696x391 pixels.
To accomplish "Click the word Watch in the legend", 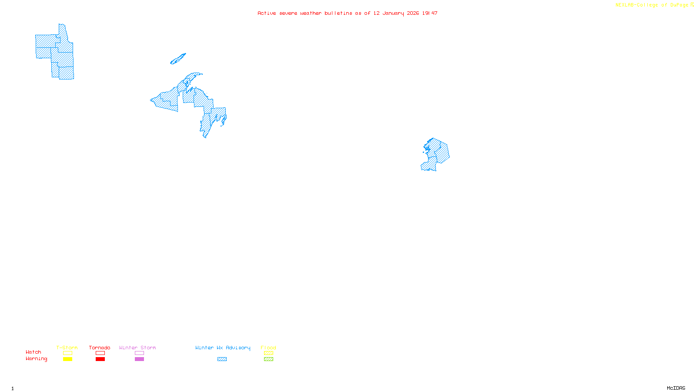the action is [x=33, y=352].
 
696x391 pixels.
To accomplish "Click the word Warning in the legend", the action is [x=36, y=359].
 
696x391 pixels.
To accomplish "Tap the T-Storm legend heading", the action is [x=67, y=348].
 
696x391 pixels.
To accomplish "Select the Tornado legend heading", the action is [x=100, y=348].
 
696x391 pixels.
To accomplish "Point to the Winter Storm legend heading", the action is [x=137, y=348].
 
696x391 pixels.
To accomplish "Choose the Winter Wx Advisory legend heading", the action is [x=223, y=348].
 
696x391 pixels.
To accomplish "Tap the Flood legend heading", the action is [x=268, y=348].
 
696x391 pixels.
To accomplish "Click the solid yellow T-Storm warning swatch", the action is [x=67, y=359].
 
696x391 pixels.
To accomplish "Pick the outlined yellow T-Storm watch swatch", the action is [x=67, y=353].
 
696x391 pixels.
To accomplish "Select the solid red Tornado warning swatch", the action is [x=100, y=359].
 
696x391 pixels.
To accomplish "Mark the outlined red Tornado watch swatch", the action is [x=100, y=353].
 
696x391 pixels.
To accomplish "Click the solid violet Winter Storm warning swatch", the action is [x=139, y=359].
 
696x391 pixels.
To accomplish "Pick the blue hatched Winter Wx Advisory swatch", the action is [x=222, y=359].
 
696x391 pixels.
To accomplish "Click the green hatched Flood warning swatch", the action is [x=268, y=359].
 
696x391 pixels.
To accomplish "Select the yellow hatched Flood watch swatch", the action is [x=268, y=353].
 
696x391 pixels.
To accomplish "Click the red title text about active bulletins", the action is [x=347, y=13].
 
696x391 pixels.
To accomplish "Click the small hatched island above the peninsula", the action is [x=178, y=59].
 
